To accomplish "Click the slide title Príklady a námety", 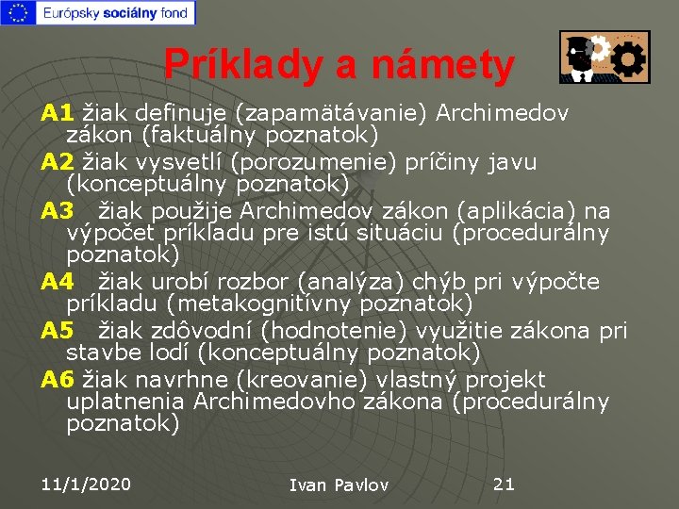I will coord(339,64).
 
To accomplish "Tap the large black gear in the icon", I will coord(629,60).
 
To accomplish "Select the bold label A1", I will coord(58,114).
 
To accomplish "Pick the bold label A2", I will coord(58,163).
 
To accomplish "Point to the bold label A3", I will coord(58,211).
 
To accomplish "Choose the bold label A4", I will coord(58,282).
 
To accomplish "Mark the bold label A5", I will coord(58,331).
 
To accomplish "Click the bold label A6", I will coord(58,380).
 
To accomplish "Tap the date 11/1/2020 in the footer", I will coord(86,484).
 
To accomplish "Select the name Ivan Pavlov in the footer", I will coord(339,485).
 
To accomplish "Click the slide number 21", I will coord(505,484).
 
